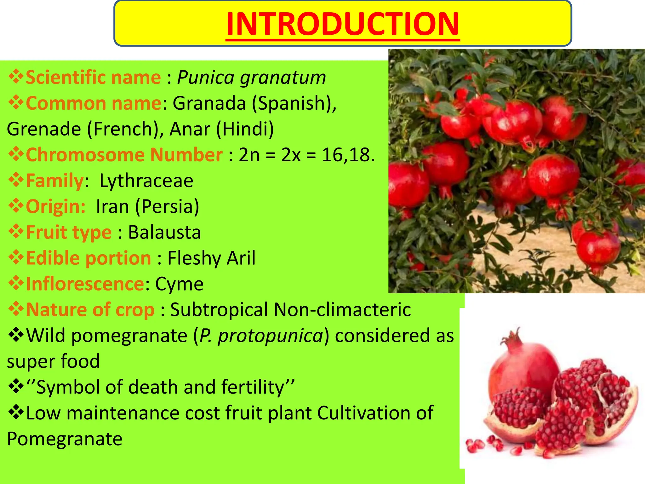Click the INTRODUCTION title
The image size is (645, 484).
point(343,24)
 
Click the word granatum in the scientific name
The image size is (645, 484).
point(283,78)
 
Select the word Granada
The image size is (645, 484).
point(209,103)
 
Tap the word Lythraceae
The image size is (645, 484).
point(146,181)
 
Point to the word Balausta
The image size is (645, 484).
point(164,233)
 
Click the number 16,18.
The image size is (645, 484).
point(348,155)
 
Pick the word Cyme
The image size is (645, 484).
point(179,284)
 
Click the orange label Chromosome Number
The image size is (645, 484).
point(124,155)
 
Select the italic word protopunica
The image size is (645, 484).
point(271,336)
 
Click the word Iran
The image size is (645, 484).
point(112,207)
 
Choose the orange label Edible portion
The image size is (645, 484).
point(88,258)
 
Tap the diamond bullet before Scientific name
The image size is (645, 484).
point(16,77)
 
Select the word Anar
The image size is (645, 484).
point(190,129)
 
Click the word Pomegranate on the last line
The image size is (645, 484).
point(65,439)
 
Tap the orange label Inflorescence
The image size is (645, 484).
point(85,284)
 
